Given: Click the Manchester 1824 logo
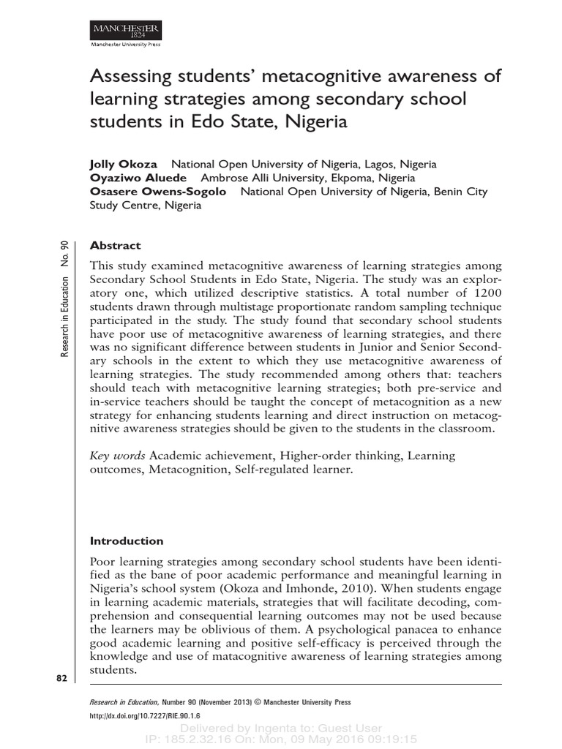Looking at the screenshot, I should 125,31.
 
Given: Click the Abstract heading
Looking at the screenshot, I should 115,246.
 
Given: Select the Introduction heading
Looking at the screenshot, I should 127,541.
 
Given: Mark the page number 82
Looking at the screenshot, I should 61,679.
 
